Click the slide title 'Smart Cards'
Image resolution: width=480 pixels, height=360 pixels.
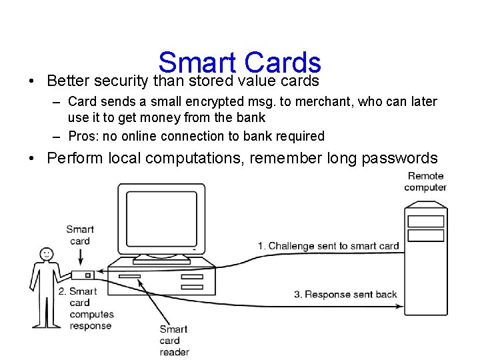tap(240, 63)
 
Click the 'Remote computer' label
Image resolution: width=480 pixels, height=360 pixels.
tap(425, 181)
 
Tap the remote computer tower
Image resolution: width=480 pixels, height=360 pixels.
tap(425, 260)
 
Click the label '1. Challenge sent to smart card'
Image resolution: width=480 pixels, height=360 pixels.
tap(333, 246)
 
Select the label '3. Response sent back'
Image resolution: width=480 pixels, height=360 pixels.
tap(345, 294)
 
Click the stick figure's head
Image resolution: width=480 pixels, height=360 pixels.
tap(46, 254)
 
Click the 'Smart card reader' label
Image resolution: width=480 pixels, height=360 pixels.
tap(174, 340)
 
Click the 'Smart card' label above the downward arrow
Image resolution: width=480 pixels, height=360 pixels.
tap(79, 235)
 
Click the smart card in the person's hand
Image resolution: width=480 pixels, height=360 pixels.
tap(82, 275)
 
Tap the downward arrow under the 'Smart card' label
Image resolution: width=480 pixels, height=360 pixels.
tap(79, 257)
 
